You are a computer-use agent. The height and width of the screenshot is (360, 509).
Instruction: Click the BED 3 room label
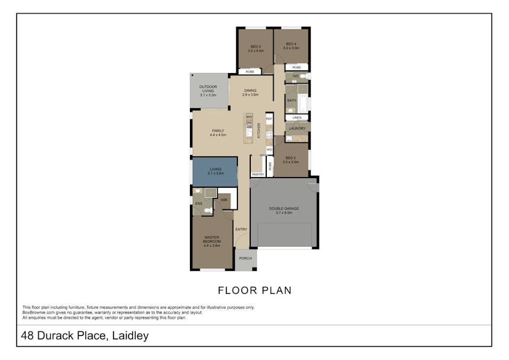[256, 47]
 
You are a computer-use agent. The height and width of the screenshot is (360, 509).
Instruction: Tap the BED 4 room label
[291, 44]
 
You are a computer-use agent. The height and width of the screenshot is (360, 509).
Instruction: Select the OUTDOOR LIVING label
[208, 87]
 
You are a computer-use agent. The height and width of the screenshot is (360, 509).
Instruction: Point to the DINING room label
[250, 91]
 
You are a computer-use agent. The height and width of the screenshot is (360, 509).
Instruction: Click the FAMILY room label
[217, 131]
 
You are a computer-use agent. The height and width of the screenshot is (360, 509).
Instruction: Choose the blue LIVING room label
[215, 169]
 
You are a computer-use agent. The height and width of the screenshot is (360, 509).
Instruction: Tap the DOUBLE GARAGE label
[284, 209]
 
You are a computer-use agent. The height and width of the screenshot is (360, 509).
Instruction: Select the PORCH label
[245, 259]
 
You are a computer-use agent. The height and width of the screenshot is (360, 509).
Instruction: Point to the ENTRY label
[241, 229]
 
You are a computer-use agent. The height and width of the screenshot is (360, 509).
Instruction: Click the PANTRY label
[258, 174]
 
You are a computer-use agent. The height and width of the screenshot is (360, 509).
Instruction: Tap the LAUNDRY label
[297, 129]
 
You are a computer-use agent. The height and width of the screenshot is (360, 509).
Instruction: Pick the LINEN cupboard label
[297, 117]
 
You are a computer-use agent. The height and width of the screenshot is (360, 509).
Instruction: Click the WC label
[296, 76]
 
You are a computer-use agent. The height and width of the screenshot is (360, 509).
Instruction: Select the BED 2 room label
[290, 158]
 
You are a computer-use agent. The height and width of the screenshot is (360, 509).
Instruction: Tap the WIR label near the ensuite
[224, 200]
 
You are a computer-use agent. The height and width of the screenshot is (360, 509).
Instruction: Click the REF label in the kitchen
[269, 118]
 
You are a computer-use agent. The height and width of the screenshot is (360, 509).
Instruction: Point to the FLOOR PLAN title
[254, 291]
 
